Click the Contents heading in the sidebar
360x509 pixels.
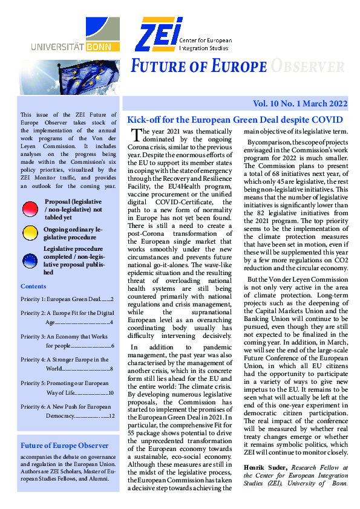(x=33, y=286)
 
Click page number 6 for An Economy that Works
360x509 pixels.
(x=113, y=346)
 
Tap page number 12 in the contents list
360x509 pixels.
(x=110, y=417)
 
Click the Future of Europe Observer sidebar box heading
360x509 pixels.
(x=65, y=446)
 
